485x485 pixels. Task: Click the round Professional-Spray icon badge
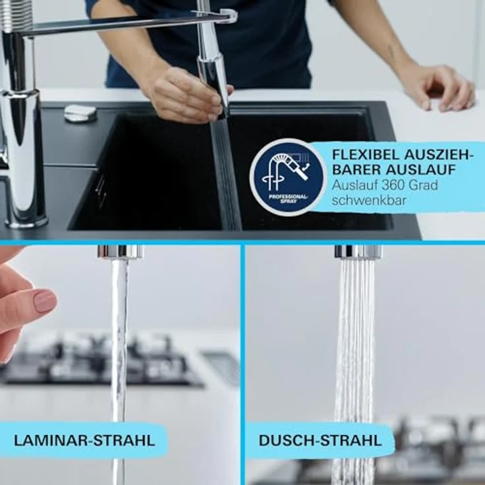pyautogui.click(x=288, y=176)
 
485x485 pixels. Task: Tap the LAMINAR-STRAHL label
pyautogui.click(x=83, y=440)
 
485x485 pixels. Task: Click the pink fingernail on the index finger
pyautogui.click(x=45, y=300)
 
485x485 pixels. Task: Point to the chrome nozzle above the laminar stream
pyautogui.click(x=120, y=252)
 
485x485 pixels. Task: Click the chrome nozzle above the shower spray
pyautogui.click(x=358, y=252)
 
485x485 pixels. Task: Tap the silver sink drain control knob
pyautogui.click(x=80, y=113)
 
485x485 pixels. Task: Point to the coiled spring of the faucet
pyautogui.click(x=16, y=16)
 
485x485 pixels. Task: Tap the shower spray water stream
pyautogui.click(x=354, y=362)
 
